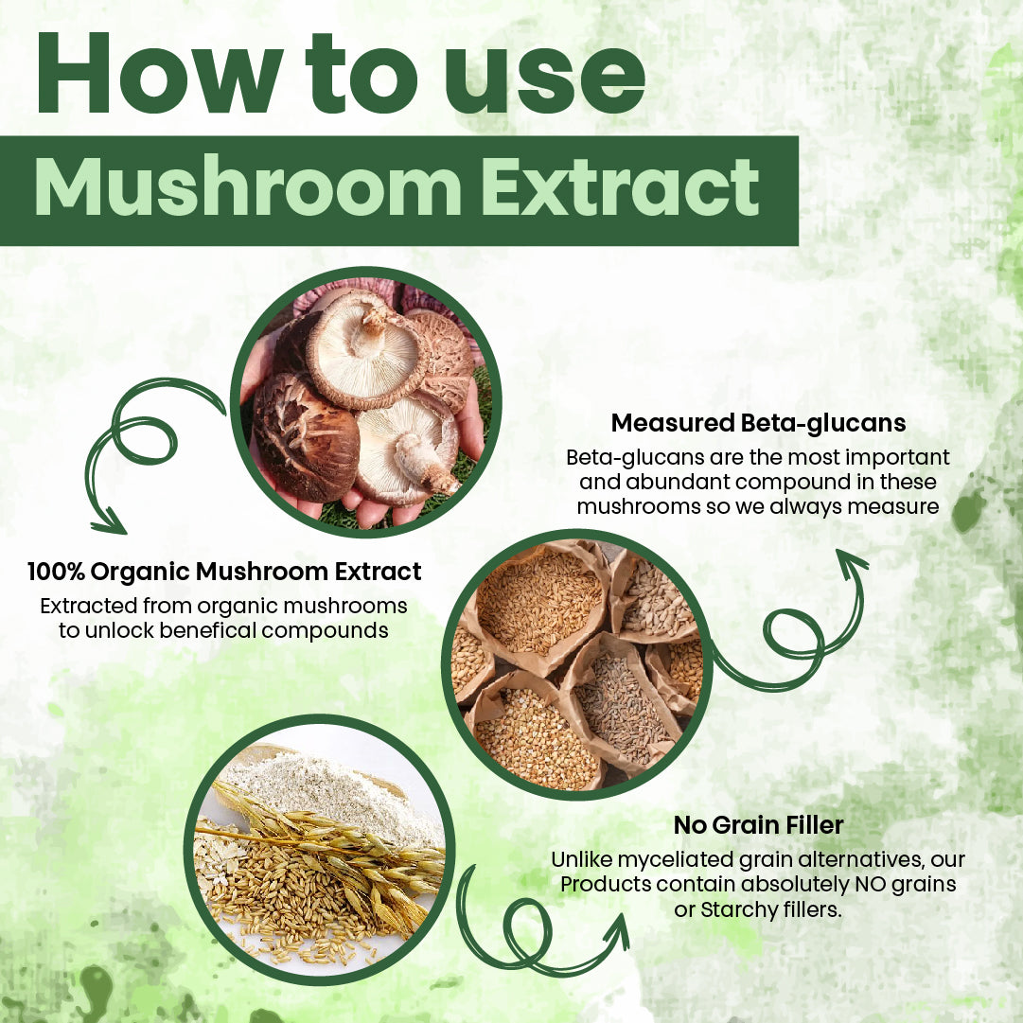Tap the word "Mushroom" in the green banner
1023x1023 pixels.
(x=248, y=186)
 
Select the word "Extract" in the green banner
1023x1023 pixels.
(x=620, y=186)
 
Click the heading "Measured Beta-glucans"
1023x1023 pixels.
(x=758, y=423)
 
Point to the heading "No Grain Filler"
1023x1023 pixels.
(x=758, y=824)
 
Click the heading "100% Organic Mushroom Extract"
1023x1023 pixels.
(x=224, y=572)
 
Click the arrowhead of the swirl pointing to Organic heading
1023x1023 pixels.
(x=108, y=521)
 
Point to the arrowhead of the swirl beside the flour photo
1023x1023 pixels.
(x=616, y=930)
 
